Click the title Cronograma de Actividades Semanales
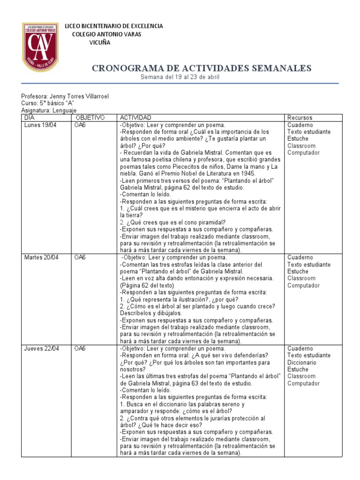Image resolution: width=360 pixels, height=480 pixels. pyautogui.click(x=202, y=68)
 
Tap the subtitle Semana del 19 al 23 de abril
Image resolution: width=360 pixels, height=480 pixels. pyautogui.click(x=180, y=77)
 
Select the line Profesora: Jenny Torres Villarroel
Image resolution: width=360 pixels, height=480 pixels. pyautogui.click(x=65, y=96)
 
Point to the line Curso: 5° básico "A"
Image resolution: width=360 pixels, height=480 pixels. pyautogui.click(x=48, y=103)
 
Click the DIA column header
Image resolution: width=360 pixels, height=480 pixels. pyautogui.click(x=30, y=118)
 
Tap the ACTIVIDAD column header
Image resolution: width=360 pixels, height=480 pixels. pyautogui.click(x=136, y=118)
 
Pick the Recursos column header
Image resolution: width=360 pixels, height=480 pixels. pyautogui.click(x=300, y=118)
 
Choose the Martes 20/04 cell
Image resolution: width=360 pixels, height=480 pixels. pyautogui.click(x=42, y=258)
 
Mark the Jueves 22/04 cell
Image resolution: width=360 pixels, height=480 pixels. pyautogui.click(x=42, y=349)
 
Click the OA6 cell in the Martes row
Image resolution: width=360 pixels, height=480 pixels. pyautogui.click(x=80, y=258)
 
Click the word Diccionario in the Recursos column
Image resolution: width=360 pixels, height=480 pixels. pyautogui.click(x=301, y=362)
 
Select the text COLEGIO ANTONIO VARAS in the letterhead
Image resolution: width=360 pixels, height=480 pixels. pyautogui.click(x=106, y=35)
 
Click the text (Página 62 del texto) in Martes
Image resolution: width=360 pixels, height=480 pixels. pyautogui.click(x=147, y=285)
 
